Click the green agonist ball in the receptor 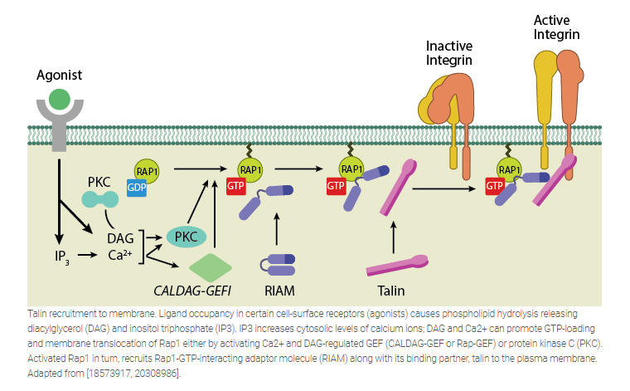pos(59,100)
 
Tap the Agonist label pos(59,75)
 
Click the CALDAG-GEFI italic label pos(193,291)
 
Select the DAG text pos(120,237)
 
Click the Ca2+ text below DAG pos(121,255)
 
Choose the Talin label pos(392,291)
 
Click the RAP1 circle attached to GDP pos(147,172)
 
